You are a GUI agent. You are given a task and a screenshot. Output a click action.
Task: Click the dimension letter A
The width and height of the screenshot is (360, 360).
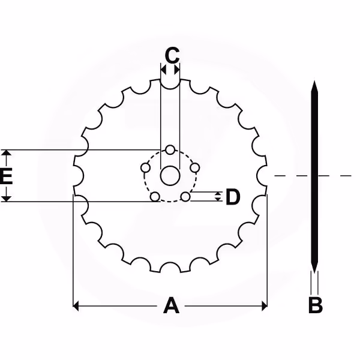click(x=171, y=305)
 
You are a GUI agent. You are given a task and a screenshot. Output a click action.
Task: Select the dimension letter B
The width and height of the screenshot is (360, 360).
click(x=316, y=305)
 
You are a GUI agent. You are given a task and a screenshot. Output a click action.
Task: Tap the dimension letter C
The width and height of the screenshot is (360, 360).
click(x=172, y=55)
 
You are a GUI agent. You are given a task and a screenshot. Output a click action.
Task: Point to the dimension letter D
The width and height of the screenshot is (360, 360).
click(x=233, y=197)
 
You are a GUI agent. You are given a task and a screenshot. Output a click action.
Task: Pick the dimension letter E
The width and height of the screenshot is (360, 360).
click(x=6, y=176)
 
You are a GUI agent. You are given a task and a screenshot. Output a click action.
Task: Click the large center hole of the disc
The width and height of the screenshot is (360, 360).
click(x=170, y=176)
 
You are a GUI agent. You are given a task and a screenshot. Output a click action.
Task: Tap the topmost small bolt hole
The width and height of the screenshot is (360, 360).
click(x=170, y=149)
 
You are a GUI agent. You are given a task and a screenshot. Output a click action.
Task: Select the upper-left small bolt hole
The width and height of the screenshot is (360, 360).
click(x=145, y=168)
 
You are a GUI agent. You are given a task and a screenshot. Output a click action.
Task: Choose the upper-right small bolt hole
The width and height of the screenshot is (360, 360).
click(x=195, y=168)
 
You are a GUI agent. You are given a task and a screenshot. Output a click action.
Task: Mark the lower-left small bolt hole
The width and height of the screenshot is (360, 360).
click(x=155, y=197)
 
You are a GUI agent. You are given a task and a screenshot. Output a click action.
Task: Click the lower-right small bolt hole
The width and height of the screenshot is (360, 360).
click(x=185, y=197)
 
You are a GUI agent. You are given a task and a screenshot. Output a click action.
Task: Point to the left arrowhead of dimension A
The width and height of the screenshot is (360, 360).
click(x=76, y=306)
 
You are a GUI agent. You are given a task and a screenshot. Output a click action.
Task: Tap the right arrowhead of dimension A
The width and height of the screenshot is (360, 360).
click(x=265, y=306)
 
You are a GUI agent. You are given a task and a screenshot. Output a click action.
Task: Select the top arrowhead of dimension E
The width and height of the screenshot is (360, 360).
click(x=6, y=152)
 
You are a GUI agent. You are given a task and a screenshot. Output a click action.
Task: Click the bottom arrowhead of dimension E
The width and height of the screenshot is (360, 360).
click(x=6, y=199)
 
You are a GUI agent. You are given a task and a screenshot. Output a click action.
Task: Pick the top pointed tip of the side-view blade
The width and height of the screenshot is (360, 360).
click(x=314, y=81)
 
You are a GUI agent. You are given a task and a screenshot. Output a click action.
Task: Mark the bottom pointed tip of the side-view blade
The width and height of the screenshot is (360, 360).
click(x=314, y=273)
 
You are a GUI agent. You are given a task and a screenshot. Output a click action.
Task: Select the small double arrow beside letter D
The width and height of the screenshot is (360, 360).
click(x=218, y=197)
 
